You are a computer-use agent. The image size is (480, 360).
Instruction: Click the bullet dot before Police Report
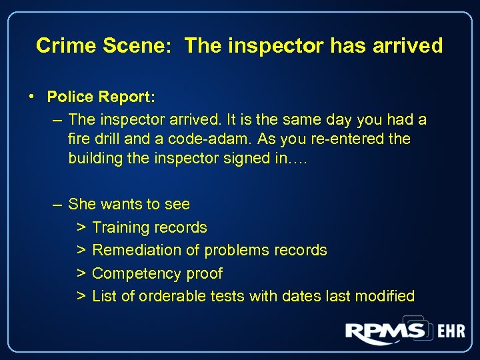[32, 97]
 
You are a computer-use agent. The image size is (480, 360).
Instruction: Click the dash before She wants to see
[57, 204]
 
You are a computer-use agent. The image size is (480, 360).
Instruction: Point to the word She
[81, 204]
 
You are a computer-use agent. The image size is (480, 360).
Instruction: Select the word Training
[120, 227]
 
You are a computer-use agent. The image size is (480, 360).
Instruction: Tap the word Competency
[135, 273]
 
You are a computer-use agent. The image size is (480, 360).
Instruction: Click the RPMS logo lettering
[385, 331]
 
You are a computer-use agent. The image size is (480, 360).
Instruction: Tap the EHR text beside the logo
[451, 332]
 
